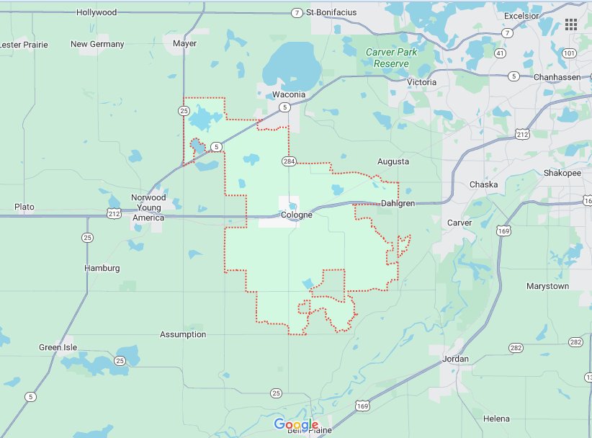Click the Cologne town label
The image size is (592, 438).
(297, 215)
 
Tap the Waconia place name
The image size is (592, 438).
(290, 95)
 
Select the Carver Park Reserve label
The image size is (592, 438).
(391, 58)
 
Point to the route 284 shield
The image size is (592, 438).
(289, 161)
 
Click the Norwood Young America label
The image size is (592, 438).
(148, 207)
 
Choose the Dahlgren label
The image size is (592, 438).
(398, 203)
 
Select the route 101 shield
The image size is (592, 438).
(569, 53)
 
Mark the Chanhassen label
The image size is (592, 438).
(557, 76)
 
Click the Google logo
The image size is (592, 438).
(296, 424)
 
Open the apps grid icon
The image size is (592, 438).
(571, 24)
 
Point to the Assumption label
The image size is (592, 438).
(183, 334)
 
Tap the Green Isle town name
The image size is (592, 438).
(59, 347)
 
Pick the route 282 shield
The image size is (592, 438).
(575, 341)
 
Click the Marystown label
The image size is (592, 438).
(547, 286)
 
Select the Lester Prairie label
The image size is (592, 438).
(24, 45)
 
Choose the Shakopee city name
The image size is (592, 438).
(562, 172)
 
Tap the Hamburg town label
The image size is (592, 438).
(102, 268)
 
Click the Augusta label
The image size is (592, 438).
(393, 161)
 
